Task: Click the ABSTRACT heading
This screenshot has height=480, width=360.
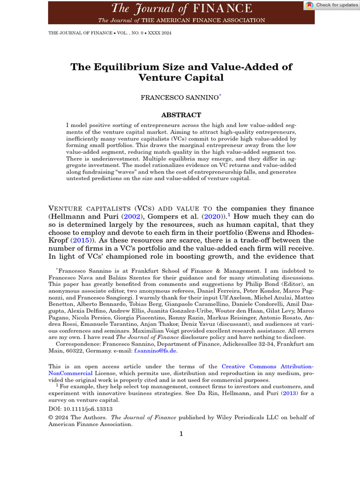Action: [x=181, y=115]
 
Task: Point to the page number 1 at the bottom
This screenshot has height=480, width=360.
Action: [x=181, y=434]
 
